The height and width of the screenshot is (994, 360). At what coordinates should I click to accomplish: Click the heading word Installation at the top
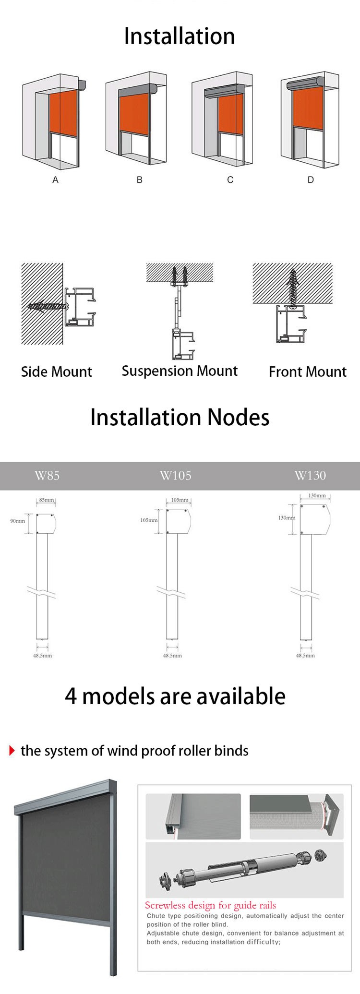[180, 36]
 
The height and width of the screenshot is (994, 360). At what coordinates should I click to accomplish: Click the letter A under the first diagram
[55, 180]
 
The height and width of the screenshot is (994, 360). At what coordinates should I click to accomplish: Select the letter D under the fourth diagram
[311, 180]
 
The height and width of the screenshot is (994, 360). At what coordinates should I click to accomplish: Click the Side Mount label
[56, 371]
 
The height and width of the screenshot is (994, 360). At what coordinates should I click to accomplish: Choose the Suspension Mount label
[180, 371]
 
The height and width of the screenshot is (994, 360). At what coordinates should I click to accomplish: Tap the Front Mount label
[307, 371]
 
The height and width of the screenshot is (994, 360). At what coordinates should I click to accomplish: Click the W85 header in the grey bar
[47, 476]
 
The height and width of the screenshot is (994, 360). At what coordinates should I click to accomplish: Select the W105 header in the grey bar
[175, 476]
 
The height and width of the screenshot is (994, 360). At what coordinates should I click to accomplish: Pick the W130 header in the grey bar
[310, 476]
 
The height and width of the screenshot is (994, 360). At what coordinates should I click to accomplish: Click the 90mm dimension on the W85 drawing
[18, 521]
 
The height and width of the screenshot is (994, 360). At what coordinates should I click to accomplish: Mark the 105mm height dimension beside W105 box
[149, 520]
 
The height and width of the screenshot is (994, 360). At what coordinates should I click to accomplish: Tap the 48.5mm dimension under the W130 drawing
[305, 655]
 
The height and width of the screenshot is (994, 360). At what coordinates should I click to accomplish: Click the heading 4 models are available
[175, 696]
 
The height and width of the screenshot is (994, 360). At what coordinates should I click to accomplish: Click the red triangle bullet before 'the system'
[12, 751]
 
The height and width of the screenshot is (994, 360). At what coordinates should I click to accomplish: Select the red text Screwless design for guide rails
[210, 906]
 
